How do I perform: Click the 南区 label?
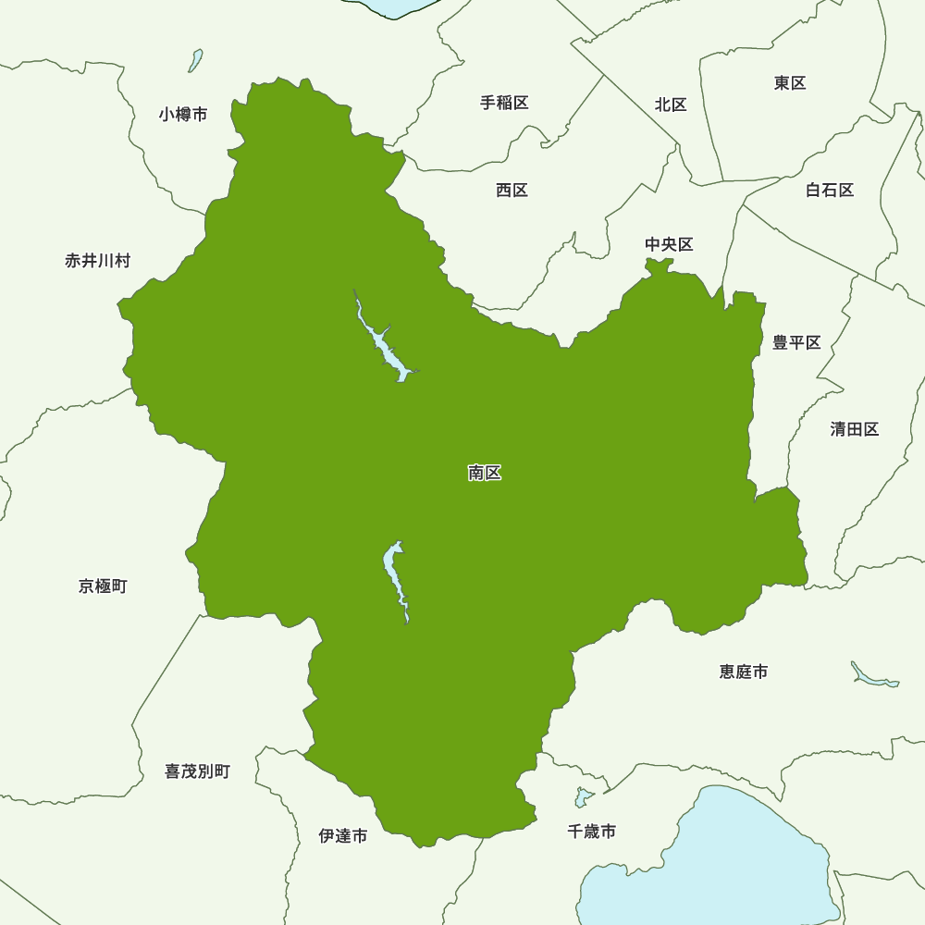click(x=485, y=473)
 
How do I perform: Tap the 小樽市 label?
click(x=182, y=115)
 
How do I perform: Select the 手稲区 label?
click(x=504, y=103)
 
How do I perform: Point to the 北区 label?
click(x=671, y=105)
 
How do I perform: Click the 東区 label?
click(x=790, y=83)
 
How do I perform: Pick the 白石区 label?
click(x=829, y=190)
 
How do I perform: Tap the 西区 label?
click(x=512, y=190)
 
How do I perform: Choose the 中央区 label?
click(x=669, y=244)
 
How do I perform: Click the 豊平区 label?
click(x=796, y=343)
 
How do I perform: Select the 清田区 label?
click(x=854, y=429)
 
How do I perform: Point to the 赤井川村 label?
click(x=97, y=261)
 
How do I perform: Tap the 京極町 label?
click(x=103, y=586)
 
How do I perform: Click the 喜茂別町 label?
click(x=197, y=771)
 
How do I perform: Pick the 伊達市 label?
click(x=342, y=836)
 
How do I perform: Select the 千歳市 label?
click(x=591, y=832)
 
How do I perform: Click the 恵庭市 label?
click(x=743, y=672)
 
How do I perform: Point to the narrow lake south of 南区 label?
click(x=395, y=578)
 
